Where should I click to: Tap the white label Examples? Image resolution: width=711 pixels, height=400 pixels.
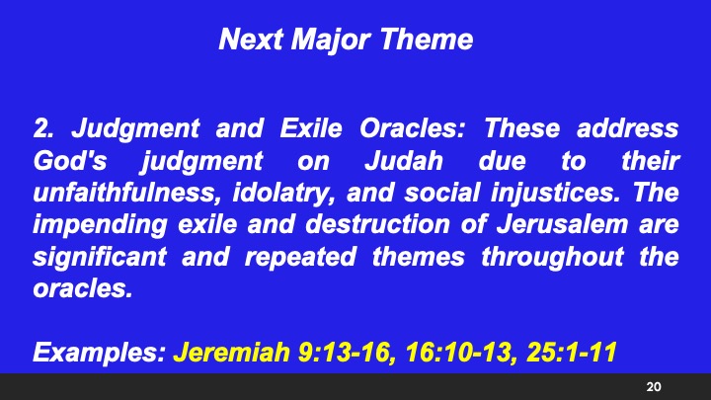[99, 352]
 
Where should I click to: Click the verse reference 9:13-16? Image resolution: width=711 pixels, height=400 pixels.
[338, 352]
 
